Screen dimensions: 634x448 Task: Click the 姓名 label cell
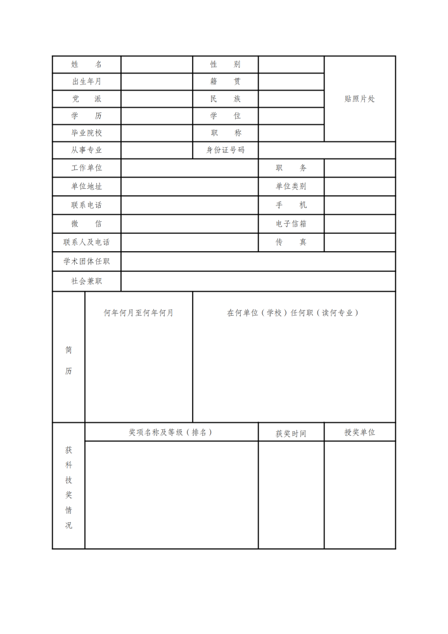coord(86,65)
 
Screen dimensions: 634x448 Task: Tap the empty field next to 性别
coord(291,65)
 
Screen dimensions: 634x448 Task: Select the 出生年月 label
coord(86,82)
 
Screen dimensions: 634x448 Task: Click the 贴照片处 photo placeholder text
coord(360,99)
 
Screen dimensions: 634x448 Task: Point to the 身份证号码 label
coord(225,150)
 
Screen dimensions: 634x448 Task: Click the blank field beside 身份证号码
coord(326,150)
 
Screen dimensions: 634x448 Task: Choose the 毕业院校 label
coord(86,133)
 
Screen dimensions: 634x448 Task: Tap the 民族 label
coord(225,99)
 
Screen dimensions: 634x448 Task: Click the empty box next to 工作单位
coord(189,168)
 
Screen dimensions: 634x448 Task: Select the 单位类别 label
coord(291,186)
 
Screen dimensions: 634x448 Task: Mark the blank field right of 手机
coord(359,205)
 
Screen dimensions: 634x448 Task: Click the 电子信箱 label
coord(291,224)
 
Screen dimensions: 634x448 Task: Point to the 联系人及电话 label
coord(86,242)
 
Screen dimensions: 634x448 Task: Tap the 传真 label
coord(291,242)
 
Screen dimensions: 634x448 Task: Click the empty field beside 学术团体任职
coord(258,261)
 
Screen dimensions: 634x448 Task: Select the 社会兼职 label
coord(86,281)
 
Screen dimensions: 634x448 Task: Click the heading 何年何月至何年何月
coord(139,313)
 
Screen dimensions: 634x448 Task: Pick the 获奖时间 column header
coord(291,434)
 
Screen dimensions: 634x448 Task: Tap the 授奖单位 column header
coord(359,432)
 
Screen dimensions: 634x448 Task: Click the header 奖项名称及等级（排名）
coord(170,432)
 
